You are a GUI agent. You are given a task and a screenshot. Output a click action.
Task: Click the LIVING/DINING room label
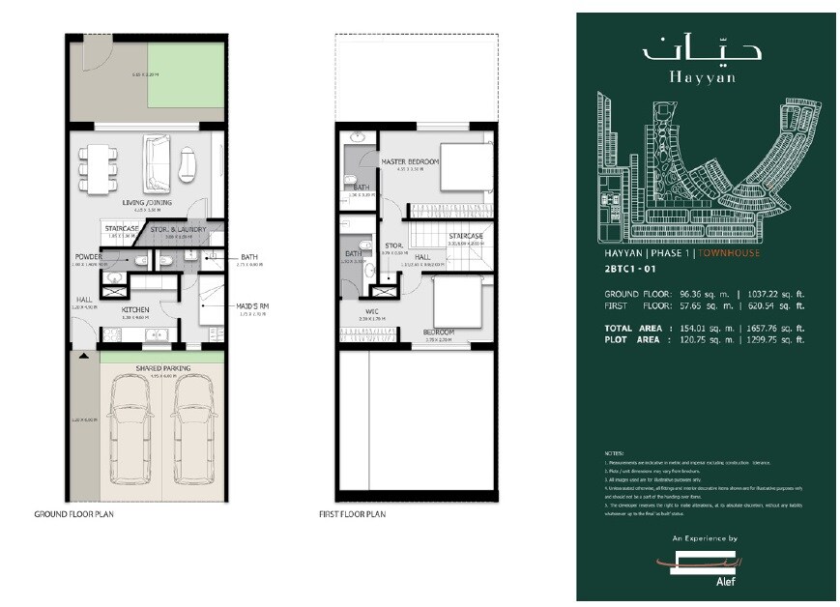click(147, 202)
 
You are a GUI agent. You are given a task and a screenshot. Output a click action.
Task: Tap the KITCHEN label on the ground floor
click(133, 309)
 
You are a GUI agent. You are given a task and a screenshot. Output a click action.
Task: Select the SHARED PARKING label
click(161, 368)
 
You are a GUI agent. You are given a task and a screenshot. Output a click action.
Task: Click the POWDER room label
click(88, 257)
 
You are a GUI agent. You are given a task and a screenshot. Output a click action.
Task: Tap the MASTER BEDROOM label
click(410, 162)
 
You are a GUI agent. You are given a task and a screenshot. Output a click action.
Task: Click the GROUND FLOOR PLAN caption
click(73, 514)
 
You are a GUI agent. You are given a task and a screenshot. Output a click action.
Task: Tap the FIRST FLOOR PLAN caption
click(352, 514)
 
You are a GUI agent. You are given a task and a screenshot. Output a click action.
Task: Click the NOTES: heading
click(610, 452)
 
